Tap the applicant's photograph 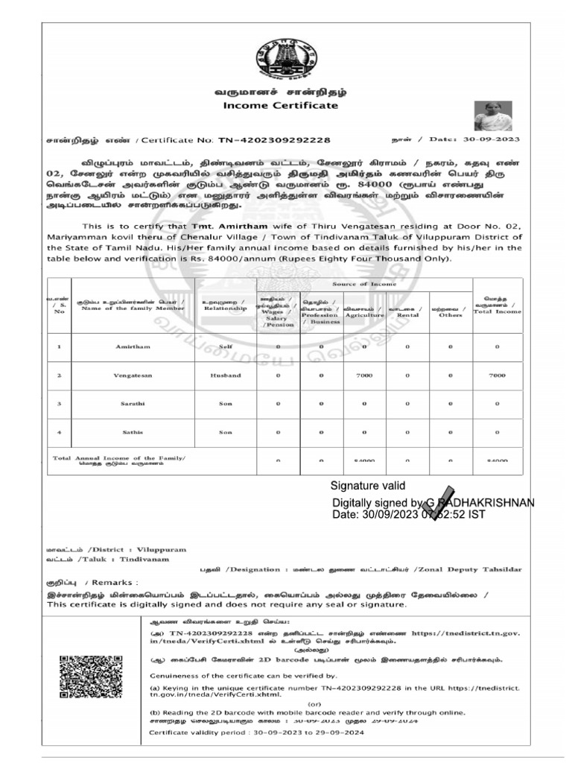tap(493, 115)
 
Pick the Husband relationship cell tap(226, 376)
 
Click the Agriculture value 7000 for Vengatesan tap(364, 376)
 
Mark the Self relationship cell tap(226, 347)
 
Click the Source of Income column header tap(364, 284)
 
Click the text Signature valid tap(368, 487)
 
